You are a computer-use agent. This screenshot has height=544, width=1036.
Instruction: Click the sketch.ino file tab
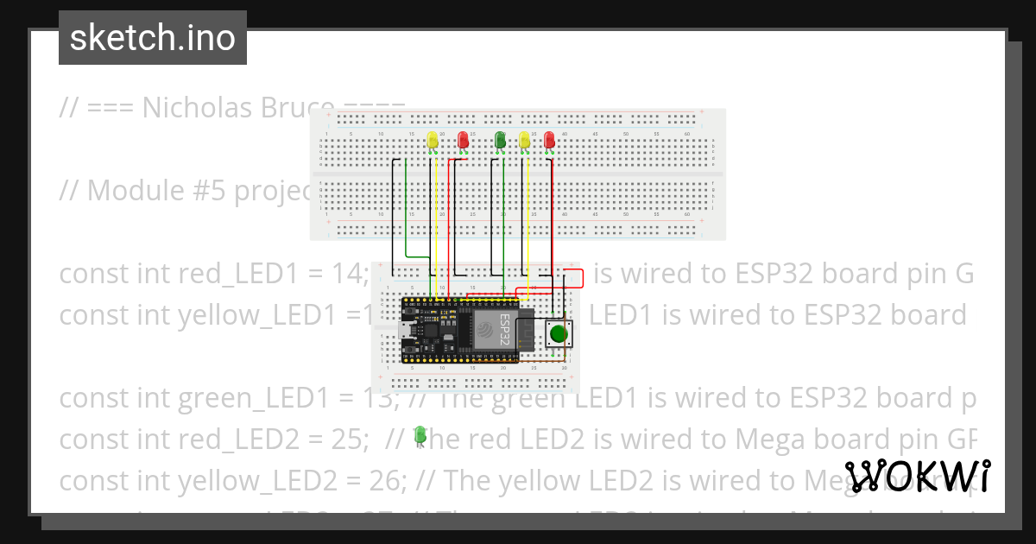(153, 38)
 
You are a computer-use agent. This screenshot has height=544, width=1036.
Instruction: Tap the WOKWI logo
(918, 477)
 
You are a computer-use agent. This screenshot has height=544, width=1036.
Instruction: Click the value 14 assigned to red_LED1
(348, 274)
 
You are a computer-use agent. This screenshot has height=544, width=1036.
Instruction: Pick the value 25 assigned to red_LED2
(345, 440)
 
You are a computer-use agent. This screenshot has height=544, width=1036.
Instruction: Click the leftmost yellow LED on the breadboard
(433, 140)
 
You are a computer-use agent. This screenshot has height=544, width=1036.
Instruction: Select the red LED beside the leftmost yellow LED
(463, 140)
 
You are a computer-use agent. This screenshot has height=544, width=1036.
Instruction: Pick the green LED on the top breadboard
(500, 140)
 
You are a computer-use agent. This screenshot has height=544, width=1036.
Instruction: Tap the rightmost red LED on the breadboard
(549, 140)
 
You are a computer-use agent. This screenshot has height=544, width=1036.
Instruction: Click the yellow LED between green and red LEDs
(524, 140)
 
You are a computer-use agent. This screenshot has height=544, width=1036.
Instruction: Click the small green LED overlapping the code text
(420, 434)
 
